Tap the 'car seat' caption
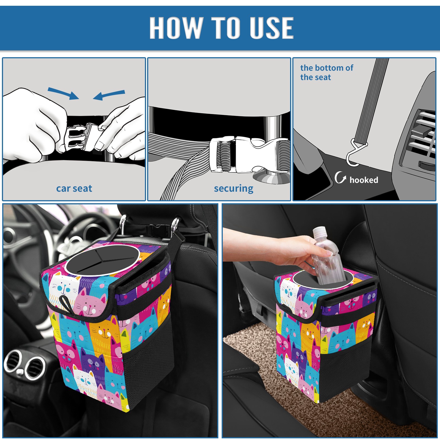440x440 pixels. click(x=74, y=188)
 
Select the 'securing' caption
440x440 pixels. click(x=233, y=189)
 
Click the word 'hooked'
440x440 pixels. click(x=364, y=180)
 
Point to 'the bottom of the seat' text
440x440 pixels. click(x=326, y=72)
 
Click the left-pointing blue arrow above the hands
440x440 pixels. click(x=109, y=95)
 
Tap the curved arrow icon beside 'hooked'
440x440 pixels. click(x=340, y=177)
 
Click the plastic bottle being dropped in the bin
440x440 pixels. click(x=327, y=256)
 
